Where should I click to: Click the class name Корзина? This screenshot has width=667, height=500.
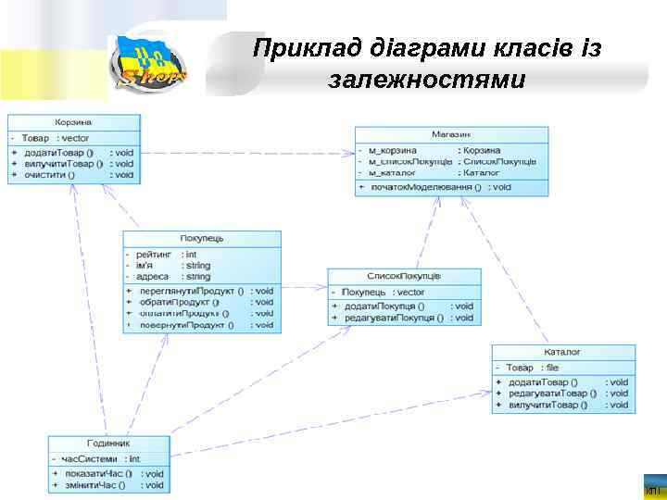click(x=73, y=122)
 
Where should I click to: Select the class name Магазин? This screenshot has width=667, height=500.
click(x=451, y=134)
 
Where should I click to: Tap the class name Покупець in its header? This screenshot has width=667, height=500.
click(x=202, y=239)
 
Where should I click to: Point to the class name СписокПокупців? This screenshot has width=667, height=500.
click(x=404, y=276)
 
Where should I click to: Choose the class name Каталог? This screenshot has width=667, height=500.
click(x=563, y=353)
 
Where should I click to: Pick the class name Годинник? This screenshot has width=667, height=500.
click(x=108, y=444)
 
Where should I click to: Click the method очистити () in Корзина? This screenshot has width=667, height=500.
click(x=51, y=174)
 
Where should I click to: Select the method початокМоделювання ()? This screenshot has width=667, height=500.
click(x=426, y=187)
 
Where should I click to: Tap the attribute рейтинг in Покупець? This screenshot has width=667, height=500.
click(x=154, y=254)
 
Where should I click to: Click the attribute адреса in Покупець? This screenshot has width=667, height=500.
click(x=152, y=276)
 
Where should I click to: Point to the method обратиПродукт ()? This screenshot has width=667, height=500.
click(x=180, y=302)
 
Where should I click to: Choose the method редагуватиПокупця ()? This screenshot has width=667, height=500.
click(x=394, y=318)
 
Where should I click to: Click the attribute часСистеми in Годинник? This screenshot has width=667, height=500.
click(x=90, y=458)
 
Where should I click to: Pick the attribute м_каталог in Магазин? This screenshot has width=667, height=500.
click(x=393, y=173)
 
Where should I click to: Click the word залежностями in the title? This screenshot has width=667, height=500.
click(x=426, y=80)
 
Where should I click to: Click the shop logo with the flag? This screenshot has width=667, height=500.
click(x=148, y=63)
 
